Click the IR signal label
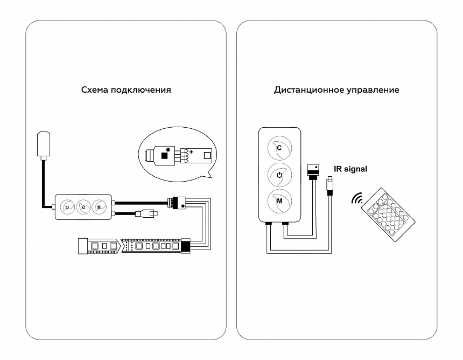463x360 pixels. (350, 169)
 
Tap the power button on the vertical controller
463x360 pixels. (279, 175)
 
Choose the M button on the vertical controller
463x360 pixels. (279, 201)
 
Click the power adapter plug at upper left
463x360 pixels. (43, 144)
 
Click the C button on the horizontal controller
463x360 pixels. (68, 206)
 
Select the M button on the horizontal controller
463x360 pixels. (99, 206)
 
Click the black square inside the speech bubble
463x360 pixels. (165, 156)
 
